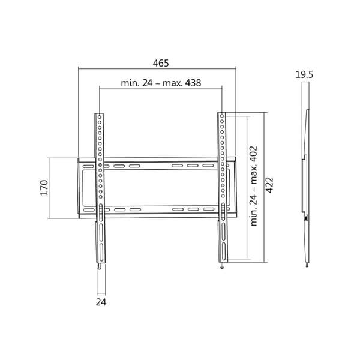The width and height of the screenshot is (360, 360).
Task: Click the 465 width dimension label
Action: [161, 63]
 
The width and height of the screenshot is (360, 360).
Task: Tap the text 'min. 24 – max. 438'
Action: [161, 83]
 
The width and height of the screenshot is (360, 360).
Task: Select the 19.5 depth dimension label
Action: [304, 74]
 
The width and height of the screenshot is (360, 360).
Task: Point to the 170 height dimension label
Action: [44, 188]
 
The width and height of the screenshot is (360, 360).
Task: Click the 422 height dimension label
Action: [269, 185]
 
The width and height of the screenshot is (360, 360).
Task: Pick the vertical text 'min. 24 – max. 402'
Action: [254, 186]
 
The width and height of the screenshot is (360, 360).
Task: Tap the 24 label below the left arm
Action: [101, 302]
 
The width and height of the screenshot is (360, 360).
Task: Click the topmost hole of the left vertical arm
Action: [100, 117]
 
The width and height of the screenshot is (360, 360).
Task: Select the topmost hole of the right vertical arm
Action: [222, 116]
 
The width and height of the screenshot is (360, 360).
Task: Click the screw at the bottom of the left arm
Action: [100, 266]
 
